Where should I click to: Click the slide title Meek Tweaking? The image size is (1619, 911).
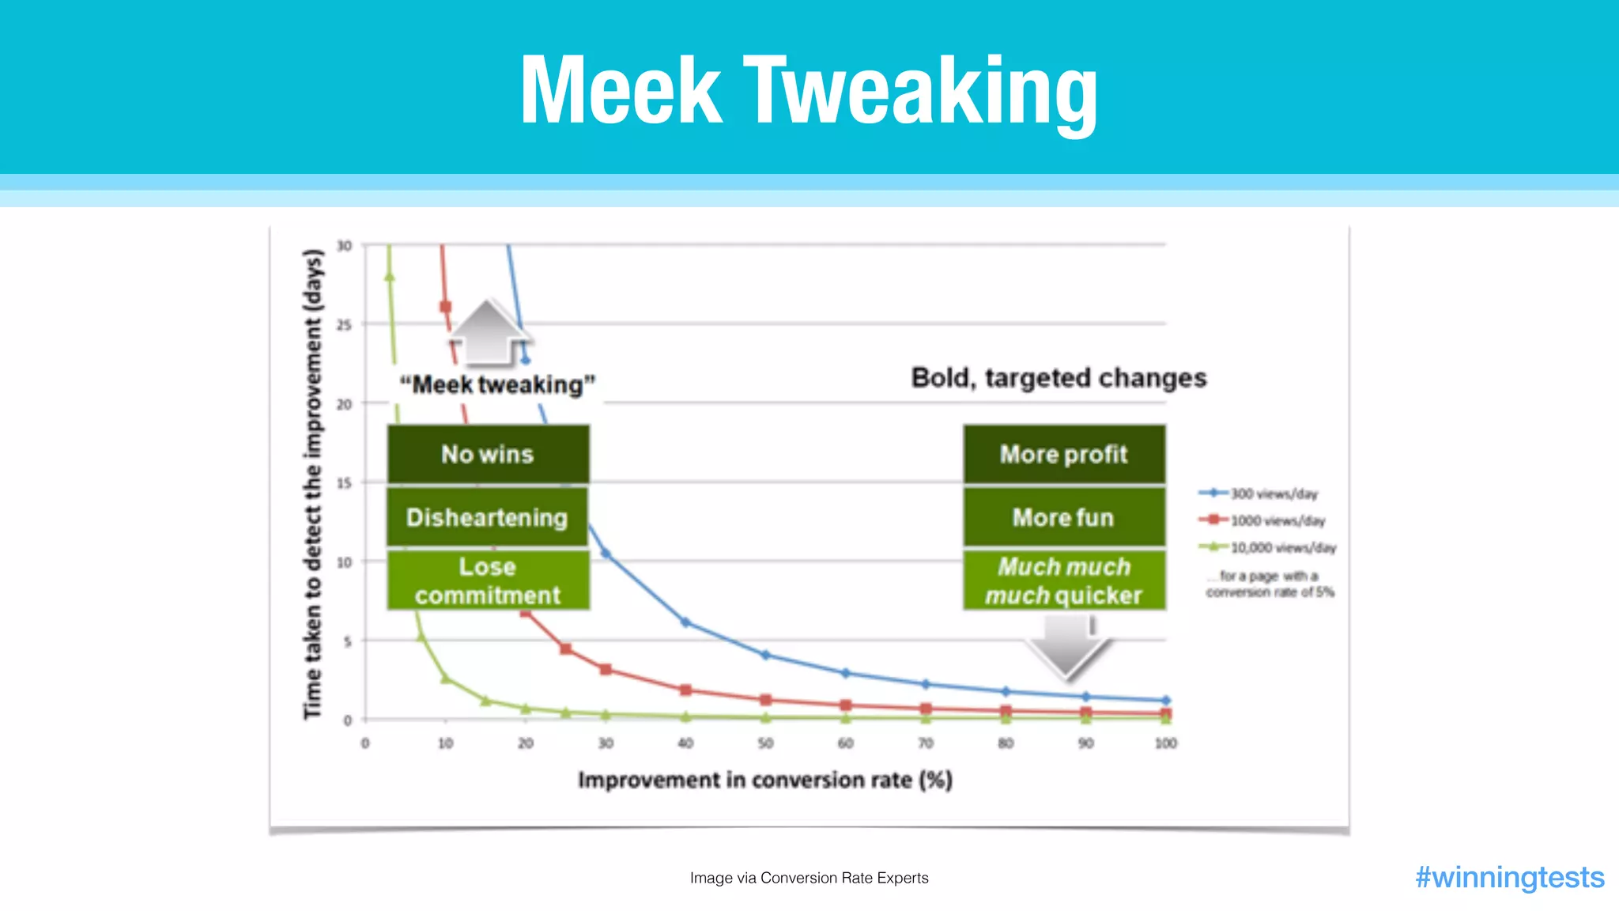pos(809,90)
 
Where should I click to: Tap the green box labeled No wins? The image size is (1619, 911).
pos(488,454)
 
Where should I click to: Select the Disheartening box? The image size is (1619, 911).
pos(487,517)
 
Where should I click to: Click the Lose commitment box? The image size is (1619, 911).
pos(488,580)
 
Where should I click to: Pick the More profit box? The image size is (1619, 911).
pos(1064,454)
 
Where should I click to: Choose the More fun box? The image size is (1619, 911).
pos(1064,517)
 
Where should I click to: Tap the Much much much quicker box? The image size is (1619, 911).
pos(1064,580)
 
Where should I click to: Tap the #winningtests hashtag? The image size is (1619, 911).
pos(1509,877)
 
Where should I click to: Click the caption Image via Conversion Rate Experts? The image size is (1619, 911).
pos(809,878)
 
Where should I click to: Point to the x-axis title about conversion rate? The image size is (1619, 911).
pos(764,780)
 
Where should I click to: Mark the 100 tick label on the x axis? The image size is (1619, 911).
pos(1165,743)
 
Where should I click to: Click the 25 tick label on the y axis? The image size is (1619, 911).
pos(344,324)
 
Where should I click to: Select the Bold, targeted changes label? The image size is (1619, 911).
pos(1059,378)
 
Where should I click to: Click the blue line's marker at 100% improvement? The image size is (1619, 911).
pos(1165,701)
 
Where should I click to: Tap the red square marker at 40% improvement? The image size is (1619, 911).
pos(685,690)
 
